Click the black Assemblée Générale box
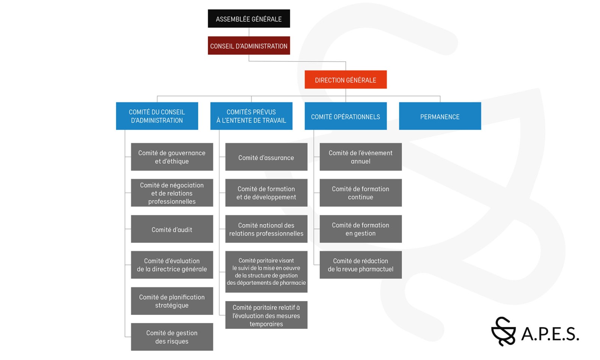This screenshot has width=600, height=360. pos(249,19)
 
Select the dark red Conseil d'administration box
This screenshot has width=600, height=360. pos(249,46)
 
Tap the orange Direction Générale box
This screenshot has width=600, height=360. pos(345,80)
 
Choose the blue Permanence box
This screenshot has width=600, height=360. pos(439,116)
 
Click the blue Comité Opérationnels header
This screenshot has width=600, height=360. pos(345,116)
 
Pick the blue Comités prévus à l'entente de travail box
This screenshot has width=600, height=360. pos(251,116)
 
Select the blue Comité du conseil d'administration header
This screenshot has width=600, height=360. pos(157,116)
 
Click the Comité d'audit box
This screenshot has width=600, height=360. pos(172,229)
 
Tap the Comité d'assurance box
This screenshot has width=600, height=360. pos(266,157)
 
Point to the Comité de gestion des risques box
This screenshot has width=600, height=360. pos(172,337)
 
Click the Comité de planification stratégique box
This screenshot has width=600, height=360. pos(172,301)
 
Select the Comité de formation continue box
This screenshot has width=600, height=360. pos(360,193)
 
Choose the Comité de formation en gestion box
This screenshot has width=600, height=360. pos(360,229)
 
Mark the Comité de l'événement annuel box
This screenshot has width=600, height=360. pos(360,157)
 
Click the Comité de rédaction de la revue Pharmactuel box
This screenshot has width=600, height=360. pos(360,265)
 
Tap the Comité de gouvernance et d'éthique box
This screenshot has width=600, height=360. pos(172,157)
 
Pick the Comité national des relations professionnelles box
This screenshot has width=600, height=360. pos(266,229)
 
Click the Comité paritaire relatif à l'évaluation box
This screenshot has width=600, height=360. pos(266,315)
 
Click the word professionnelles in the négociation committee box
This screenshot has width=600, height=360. pos(172,201)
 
